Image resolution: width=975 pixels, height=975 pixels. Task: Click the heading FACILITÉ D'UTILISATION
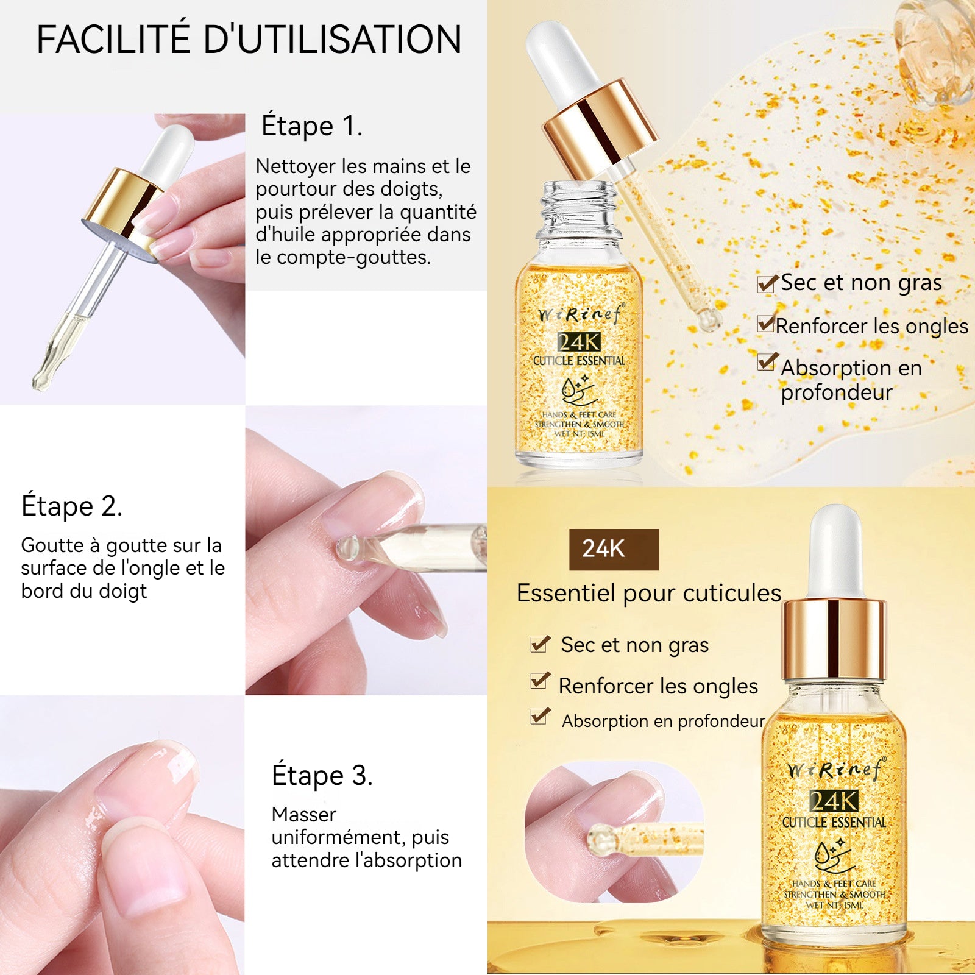tap(249, 40)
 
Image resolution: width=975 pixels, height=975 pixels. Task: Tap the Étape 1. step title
tap(312, 126)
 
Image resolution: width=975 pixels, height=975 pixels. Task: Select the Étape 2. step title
tap(72, 506)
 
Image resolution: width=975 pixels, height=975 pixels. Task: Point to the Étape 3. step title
tap(322, 775)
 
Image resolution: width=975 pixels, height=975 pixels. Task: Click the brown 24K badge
tap(614, 549)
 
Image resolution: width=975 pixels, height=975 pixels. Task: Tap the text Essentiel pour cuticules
tap(649, 593)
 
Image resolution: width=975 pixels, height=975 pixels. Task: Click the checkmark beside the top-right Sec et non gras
tap(768, 283)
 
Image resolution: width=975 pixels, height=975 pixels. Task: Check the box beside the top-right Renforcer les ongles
tap(767, 323)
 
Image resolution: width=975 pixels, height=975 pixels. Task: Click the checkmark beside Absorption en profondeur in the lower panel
tap(540, 716)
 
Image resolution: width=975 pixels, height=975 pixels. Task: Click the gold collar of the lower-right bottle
tap(834, 640)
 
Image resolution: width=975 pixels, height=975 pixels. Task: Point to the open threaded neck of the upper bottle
tap(579, 205)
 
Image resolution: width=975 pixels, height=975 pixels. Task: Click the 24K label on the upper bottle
tap(579, 342)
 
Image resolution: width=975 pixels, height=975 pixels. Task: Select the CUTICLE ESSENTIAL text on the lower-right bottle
tap(834, 822)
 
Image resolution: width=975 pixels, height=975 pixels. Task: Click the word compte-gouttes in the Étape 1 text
tap(353, 258)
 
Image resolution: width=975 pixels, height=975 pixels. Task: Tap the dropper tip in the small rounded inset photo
tap(599, 839)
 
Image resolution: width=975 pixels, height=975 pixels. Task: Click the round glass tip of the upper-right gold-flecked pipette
tap(709, 319)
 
